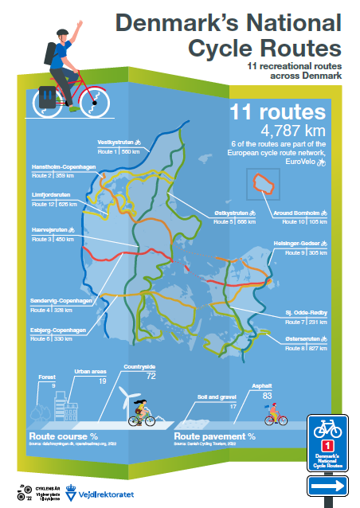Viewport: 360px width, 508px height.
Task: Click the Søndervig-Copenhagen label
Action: pyautogui.click(x=64, y=301)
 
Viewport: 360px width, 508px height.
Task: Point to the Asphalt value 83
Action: pyautogui.click(x=267, y=395)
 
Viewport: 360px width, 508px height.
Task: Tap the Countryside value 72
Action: pyautogui.click(x=150, y=375)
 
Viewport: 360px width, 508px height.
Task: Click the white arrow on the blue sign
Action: pyautogui.click(x=328, y=483)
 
